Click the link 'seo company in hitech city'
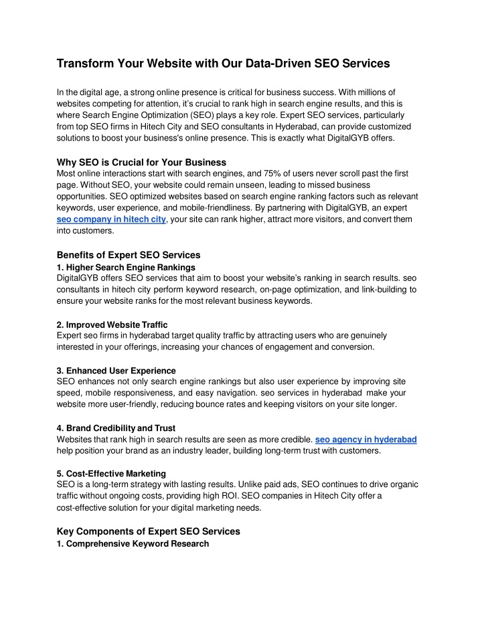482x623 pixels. pos(111,219)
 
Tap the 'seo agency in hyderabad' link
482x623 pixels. pos(366,439)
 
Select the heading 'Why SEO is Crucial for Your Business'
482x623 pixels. pos(141,162)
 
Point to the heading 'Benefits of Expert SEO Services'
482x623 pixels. pos(129,255)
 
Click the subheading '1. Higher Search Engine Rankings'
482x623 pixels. pos(126,268)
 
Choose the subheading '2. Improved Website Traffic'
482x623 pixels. pos(112,325)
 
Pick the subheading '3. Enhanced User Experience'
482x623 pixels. pos(116,371)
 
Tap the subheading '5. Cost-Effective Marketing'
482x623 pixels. pos(111,474)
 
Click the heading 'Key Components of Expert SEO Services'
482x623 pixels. pos(148,531)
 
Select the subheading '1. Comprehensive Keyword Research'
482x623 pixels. pos(133,544)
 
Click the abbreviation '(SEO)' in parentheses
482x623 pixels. pos(217,116)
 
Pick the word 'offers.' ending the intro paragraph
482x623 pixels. pos(380,139)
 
